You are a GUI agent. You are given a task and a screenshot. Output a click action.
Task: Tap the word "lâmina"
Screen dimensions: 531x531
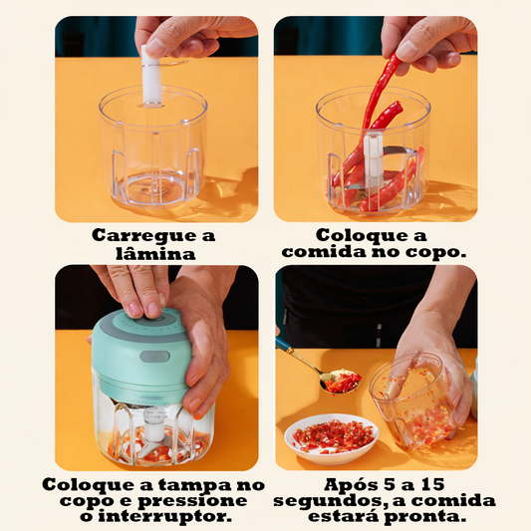click(x=155, y=254)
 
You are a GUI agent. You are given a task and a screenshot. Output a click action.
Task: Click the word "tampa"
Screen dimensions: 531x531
click(x=194, y=485)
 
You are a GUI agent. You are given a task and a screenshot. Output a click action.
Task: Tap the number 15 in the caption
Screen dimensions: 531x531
click(x=432, y=484)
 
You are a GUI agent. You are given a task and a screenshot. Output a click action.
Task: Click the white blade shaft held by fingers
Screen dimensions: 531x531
click(x=151, y=75)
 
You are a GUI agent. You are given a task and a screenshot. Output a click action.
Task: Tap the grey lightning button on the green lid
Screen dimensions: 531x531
click(x=154, y=357)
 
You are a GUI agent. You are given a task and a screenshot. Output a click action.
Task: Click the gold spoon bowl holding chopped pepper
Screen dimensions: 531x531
click(x=341, y=381)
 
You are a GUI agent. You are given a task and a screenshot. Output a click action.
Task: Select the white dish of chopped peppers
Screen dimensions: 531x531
click(x=331, y=438)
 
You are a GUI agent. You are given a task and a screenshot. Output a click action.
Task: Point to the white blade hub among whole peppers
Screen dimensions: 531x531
click(x=373, y=156)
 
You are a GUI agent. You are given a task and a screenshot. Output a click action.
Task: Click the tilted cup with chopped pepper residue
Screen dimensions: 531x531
click(x=412, y=401)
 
